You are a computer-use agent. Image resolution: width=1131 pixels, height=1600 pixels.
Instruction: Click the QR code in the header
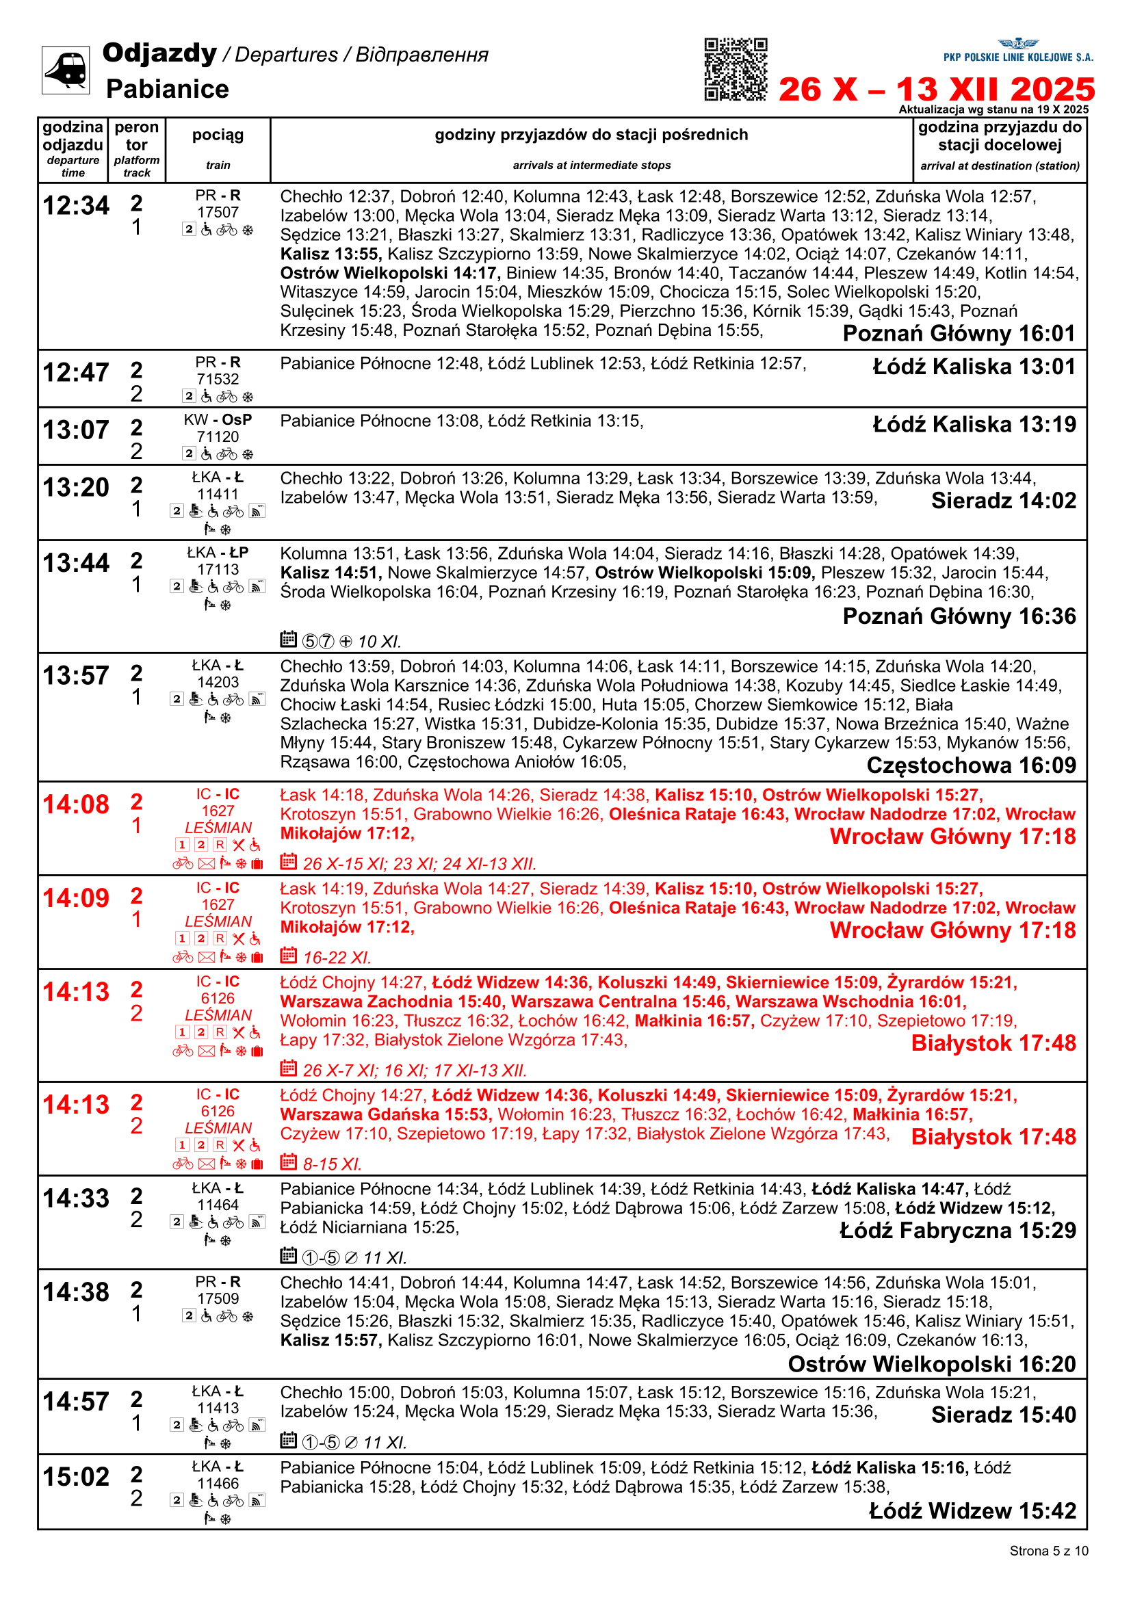pos(736,69)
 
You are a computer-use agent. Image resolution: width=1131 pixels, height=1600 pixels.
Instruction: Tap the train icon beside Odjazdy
pos(66,69)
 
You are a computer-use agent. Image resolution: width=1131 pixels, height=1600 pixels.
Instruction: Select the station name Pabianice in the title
pos(167,89)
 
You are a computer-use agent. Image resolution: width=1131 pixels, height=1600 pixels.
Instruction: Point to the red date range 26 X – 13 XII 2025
pos(937,90)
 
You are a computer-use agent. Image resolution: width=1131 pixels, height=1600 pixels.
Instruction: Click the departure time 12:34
pos(76,206)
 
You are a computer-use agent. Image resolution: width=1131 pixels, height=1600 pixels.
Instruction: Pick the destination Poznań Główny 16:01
pos(959,334)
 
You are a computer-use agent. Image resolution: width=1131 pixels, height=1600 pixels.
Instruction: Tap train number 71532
pos(218,379)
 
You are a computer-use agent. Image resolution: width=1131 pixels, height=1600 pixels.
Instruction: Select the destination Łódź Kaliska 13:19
pos(974,424)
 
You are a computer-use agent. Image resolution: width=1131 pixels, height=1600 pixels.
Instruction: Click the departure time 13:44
pos(76,562)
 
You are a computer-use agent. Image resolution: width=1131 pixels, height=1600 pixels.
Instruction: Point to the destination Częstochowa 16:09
pos(971,765)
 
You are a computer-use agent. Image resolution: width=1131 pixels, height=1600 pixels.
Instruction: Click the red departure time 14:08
pos(76,804)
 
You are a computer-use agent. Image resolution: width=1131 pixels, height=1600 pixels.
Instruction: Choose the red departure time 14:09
pos(76,898)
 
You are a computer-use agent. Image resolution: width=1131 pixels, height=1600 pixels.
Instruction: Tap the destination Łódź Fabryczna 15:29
pos(957,1231)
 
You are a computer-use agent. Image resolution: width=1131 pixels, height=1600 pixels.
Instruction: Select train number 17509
pos(218,1299)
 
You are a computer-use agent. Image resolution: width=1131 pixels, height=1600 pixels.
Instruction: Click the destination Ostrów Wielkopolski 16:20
pos(932,1365)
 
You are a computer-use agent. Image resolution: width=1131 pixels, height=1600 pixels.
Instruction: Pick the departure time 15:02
pos(76,1477)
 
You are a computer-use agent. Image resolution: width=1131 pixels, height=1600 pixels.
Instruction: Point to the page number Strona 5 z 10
pos(1048,1551)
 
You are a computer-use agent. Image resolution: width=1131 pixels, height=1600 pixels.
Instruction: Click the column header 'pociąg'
pos(218,135)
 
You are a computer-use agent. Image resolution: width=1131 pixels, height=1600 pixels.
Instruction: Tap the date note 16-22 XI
pos(337,958)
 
